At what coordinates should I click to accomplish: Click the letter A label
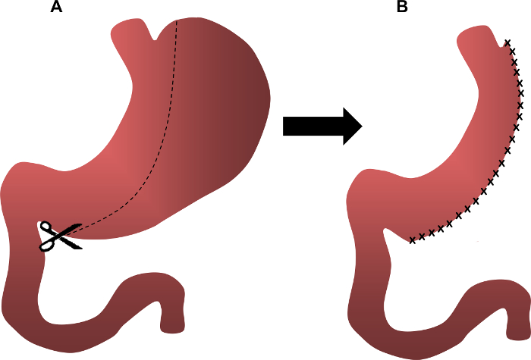(x=55, y=8)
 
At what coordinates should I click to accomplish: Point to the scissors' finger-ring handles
(x=47, y=236)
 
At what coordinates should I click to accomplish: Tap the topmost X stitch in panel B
(x=508, y=42)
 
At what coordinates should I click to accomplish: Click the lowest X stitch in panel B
(x=412, y=241)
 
